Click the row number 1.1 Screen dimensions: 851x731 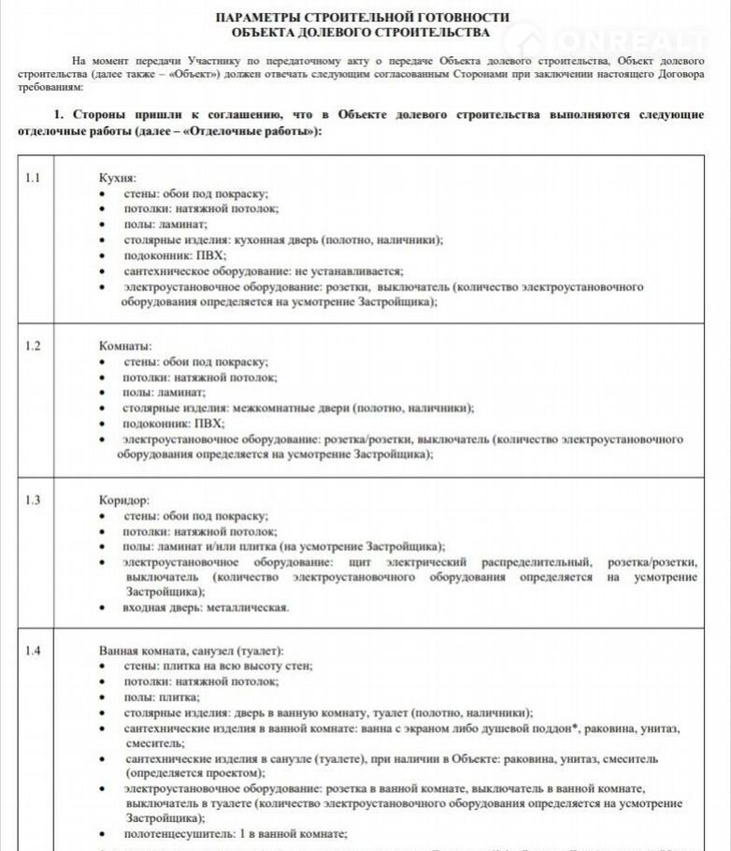tap(33, 177)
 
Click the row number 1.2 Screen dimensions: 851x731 tap(33, 346)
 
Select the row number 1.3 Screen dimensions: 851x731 tap(33, 499)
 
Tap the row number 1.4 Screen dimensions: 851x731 tap(33, 651)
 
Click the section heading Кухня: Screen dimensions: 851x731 tap(118, 177)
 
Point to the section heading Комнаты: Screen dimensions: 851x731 tap(125, 346)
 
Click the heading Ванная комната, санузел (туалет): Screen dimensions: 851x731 tap(192, 651)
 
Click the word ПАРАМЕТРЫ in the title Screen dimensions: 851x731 tap(263, 17)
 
